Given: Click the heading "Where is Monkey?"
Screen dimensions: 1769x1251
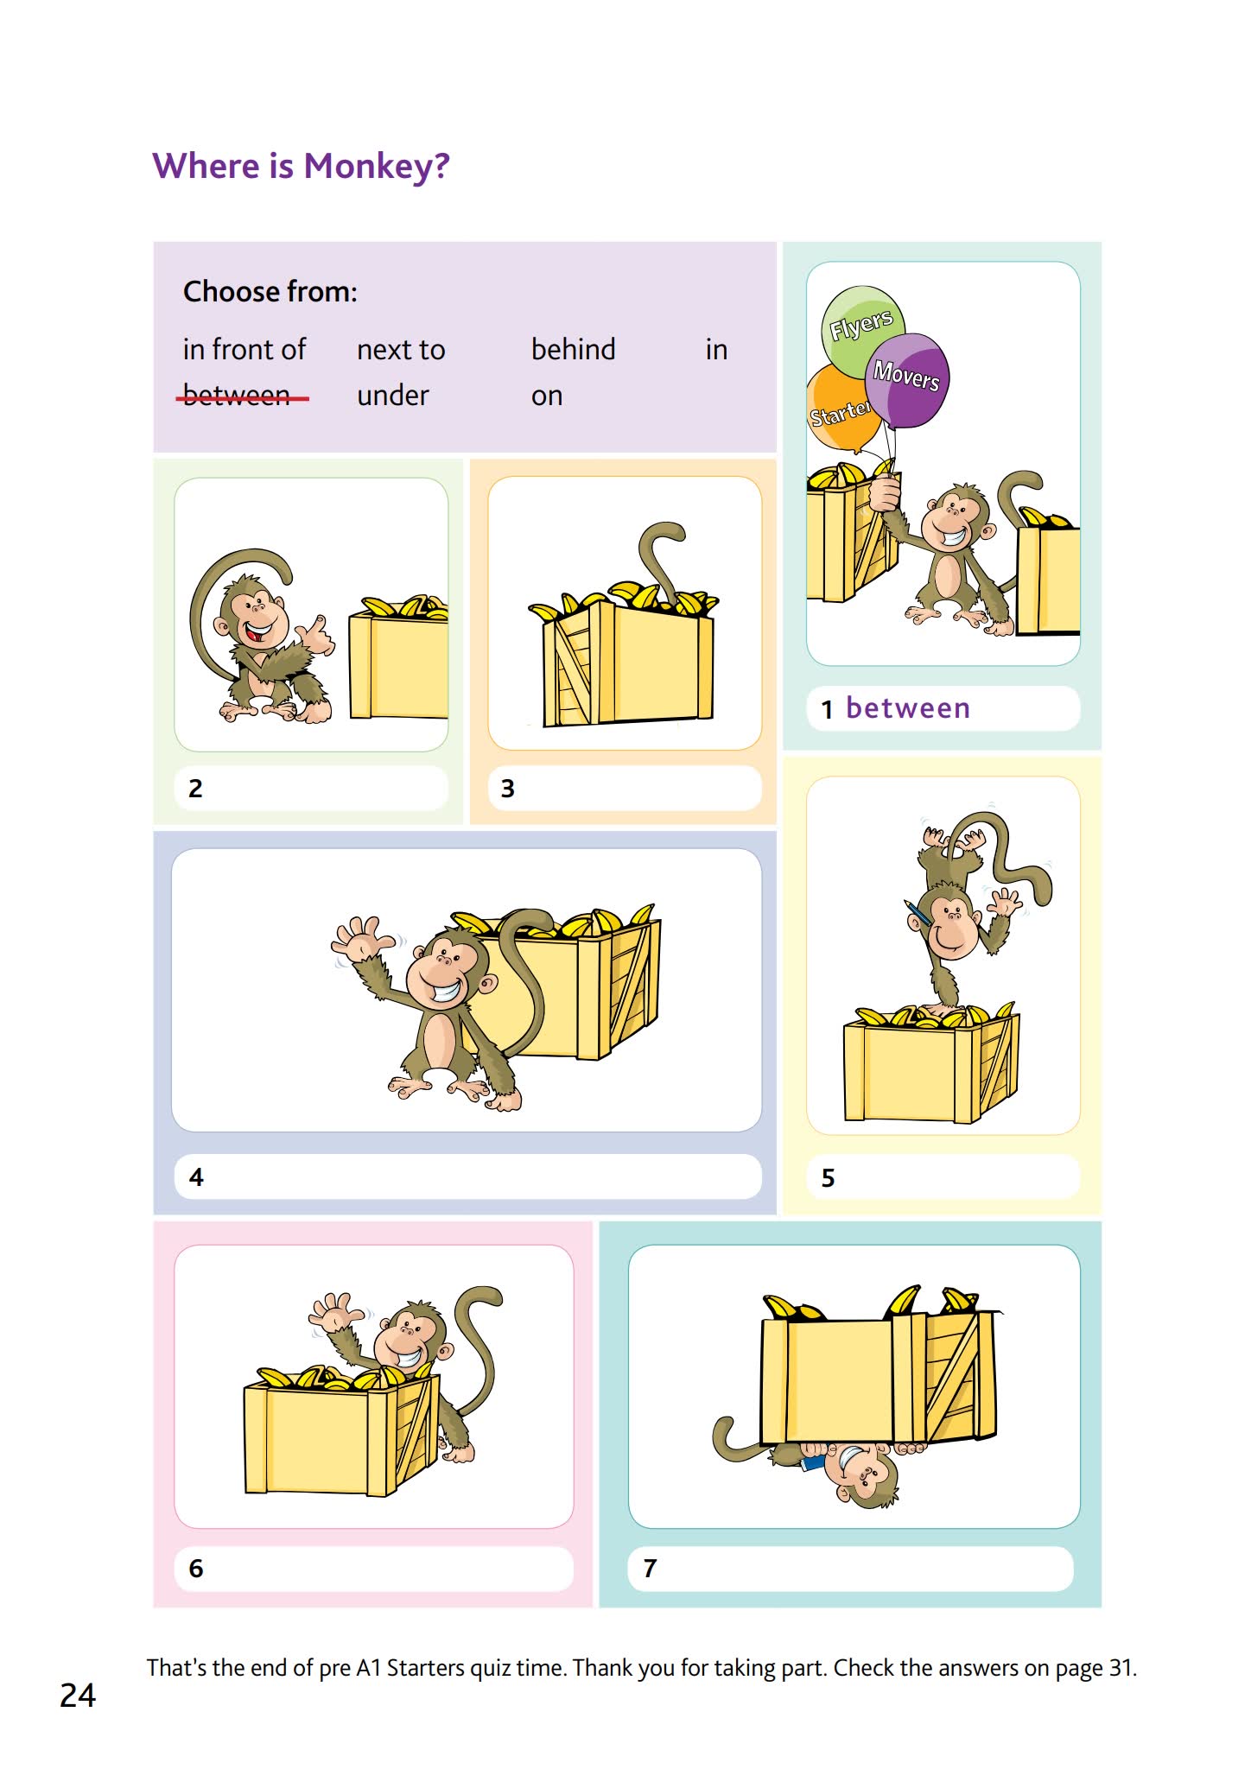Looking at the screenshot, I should pyautogui.click(x=301, y=166).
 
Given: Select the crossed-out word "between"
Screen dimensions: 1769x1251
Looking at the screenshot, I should pyautogui.click(x=238, y=396).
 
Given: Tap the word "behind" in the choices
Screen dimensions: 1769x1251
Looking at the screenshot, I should pyautogui.click(x=573, y=350).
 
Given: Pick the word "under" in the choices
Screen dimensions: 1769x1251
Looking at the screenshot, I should pyautogui.click(x=392, y=396).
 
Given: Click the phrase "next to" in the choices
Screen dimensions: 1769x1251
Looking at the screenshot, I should pyautogui.click(x=401, y=350).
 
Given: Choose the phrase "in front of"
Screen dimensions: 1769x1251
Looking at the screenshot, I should pyautogui.click(x=244, y=350).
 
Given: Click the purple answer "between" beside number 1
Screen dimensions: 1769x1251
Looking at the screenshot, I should pyautogui.click(x=908, y=708).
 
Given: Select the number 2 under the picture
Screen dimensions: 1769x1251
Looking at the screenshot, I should pyautogui.click(x=195, y=789).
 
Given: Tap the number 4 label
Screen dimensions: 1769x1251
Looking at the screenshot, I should pyautogui.click(x=196, y=1177).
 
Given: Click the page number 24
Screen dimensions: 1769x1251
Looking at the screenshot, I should pyautogui.click(x=78, y=1696).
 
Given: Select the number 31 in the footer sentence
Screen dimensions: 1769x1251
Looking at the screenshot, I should pyautogui.click(x=1121, y=1668).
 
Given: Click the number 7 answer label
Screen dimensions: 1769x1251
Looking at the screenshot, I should pyautogui.click(x=650, y=1568).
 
